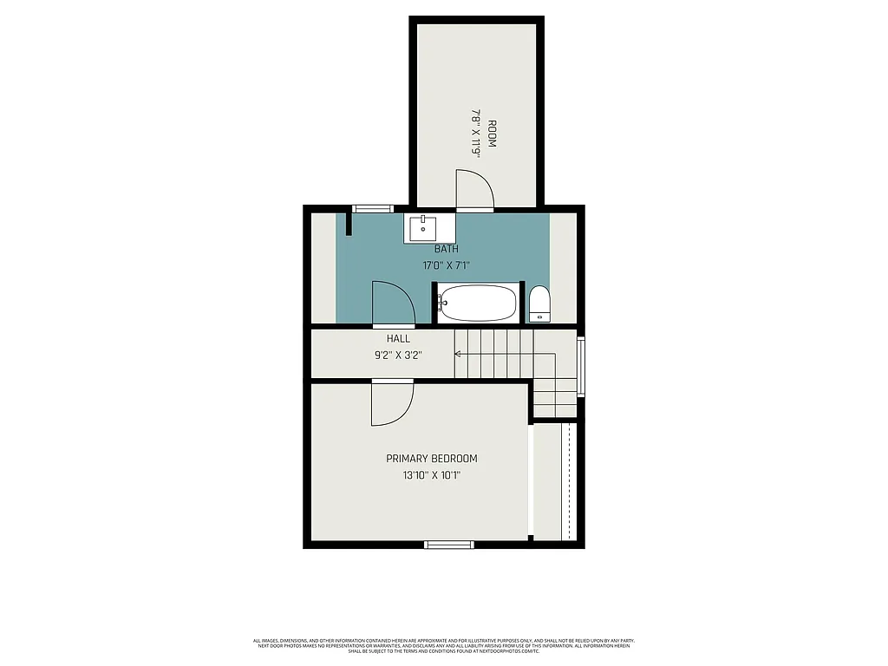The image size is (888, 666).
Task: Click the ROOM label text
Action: tap(492, 134)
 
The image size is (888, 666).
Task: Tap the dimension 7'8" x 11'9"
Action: tap(475, 133)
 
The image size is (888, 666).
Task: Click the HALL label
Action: tap(399, 338)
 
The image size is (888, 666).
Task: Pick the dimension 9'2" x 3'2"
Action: tap(399, 354)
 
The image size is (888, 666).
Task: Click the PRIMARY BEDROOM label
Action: tap(432, 459)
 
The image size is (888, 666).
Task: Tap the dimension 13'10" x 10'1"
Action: tap(432, 475)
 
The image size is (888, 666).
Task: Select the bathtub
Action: tap(478, 304)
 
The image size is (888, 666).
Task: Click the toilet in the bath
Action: tap(539, 304)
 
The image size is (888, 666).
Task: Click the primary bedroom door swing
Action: tap(392, 403)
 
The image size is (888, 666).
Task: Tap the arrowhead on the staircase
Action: tap(458, 354)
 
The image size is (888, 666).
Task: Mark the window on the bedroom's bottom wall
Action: tap(449, 545)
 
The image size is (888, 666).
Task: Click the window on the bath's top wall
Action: tap(373, 208)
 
